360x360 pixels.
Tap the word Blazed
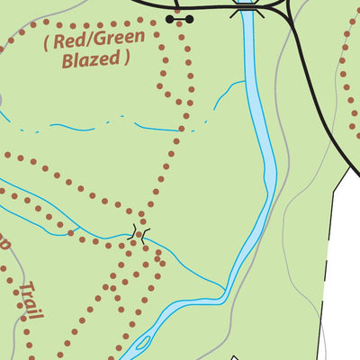pyautogui.click(x=92, y=60)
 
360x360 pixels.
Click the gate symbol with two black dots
pyautogui.click(x=180, y=18)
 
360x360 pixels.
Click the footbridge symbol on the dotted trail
pyautogui.click(x=139, y=234)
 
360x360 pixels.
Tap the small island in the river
pyautogui.click(x=142, y=342)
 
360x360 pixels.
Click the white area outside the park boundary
pyautogui.click(x=346, y=270)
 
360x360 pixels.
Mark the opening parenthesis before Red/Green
pyautogui.click(x=46, y=41)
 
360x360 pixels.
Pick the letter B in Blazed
pyautogui.click(x=67, y=60)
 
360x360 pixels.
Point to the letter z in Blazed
pyautogui.click(x=94, y=60)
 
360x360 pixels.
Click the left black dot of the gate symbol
pyautogui.click(x=171, y=18)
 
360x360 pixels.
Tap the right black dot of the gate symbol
pyautogui.click(x=189, y=18)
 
